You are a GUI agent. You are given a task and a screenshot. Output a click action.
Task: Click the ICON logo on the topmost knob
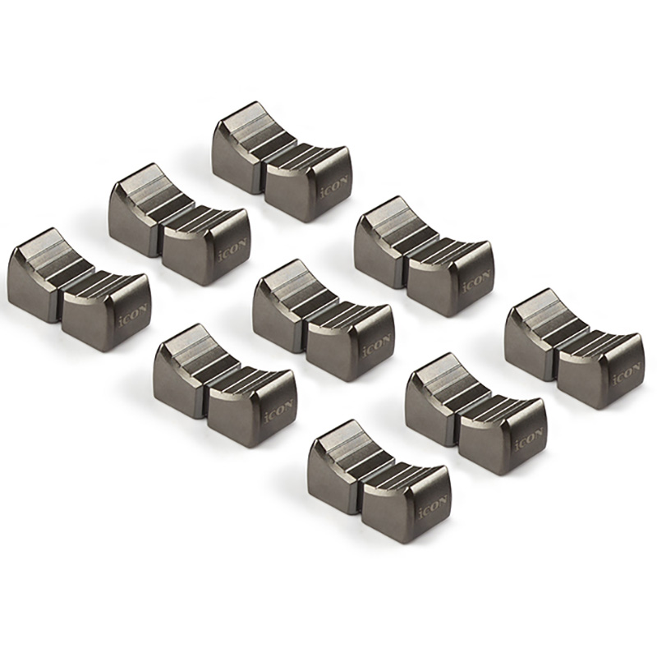[x=333, y=186]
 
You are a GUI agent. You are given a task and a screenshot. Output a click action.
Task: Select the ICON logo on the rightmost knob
[x=627, y=374]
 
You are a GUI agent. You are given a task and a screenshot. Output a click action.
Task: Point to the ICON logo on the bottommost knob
[x=433, y=506]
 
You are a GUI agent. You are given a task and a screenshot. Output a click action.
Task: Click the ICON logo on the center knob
[x=377, y=344]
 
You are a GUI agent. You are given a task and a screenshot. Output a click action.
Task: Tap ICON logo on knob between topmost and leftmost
[x=232, y=250]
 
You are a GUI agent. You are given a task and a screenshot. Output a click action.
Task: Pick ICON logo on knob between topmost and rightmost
[x=476, y=282]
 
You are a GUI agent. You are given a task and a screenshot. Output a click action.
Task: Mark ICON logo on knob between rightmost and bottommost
[x=529, y=439]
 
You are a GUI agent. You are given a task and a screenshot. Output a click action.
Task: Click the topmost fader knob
[x=283, y=161]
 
